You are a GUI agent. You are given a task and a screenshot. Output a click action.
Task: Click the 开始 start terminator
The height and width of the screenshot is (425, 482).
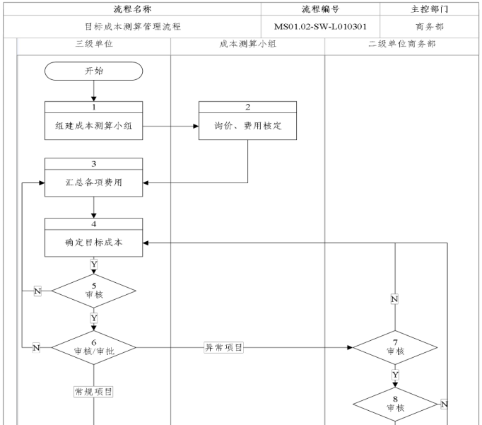[x=93, y=71]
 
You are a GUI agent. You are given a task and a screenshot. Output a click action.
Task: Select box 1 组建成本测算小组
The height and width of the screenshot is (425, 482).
[x=93, y=126]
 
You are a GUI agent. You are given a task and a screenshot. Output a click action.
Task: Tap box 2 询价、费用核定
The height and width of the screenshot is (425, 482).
[x=247, y=126]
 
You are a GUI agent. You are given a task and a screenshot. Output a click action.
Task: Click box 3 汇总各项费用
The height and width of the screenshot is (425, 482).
[x=93, y=182]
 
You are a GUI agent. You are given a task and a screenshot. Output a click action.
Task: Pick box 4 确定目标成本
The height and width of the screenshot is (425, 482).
[x=93, y=241]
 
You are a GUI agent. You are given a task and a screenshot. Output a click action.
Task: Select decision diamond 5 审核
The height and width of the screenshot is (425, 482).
[x=93, y=291]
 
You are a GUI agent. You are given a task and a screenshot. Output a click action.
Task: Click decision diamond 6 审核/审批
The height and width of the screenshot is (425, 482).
[x=93, y=347]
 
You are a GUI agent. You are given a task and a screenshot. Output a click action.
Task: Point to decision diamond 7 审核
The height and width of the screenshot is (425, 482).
[x=395, y=347]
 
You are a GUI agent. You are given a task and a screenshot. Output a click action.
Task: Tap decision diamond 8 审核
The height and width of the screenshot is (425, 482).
[x=395, y=404]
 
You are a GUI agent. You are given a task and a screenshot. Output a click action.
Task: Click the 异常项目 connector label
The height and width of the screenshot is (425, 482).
[x=224, y=347]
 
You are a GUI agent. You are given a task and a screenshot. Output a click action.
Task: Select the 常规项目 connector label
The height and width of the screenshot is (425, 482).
[x=93, y=391]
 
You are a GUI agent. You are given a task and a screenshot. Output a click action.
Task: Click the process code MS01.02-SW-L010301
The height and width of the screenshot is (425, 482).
[x=320, y=27]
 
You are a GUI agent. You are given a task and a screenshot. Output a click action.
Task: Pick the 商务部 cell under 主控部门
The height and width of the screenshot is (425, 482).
[x=429, y=27]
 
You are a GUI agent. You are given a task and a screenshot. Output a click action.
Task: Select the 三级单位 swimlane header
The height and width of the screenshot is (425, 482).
[x=93, y=44]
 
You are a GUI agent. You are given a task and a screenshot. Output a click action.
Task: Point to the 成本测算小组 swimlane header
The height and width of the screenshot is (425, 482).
[x=247, y=44]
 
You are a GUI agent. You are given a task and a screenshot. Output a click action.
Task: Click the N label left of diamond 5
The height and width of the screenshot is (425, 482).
[x=37, y=291]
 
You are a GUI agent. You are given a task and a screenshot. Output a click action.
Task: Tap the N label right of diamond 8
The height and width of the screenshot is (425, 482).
[x=444, y=404]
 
